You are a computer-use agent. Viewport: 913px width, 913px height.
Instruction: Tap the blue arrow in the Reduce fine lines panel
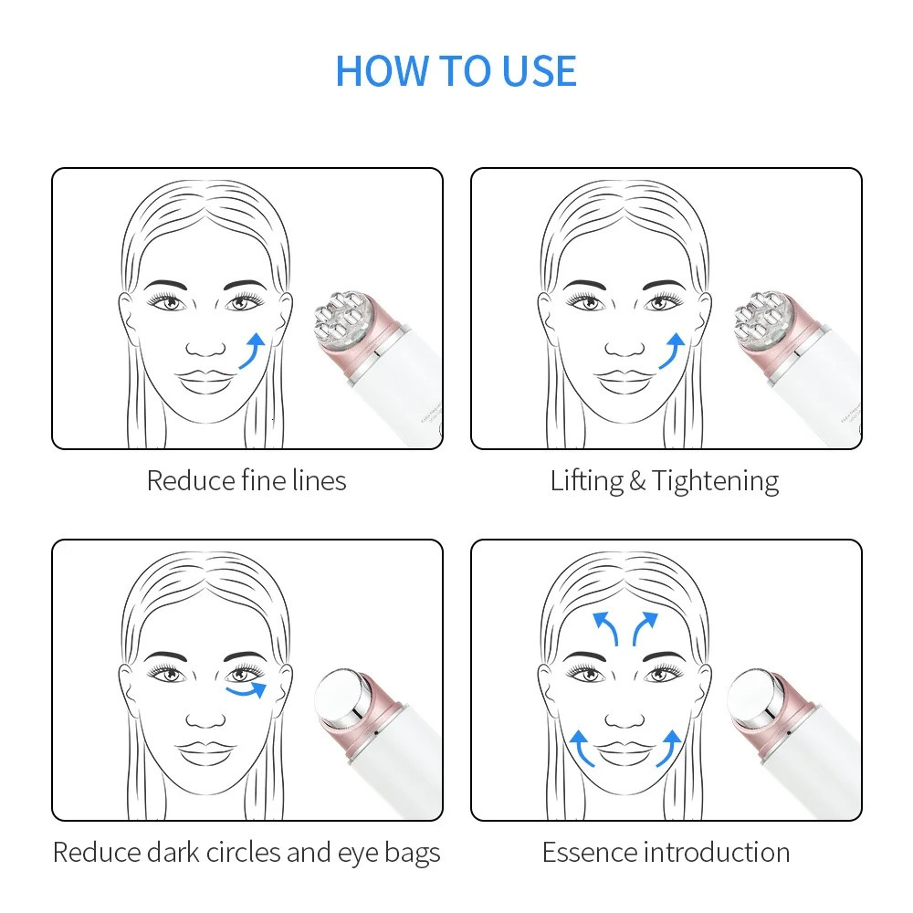tap(253, 351)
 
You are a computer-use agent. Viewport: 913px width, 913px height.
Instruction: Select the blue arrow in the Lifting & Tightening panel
tap(672, 351)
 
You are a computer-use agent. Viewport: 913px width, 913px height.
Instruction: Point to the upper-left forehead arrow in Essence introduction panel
tap(604, 627)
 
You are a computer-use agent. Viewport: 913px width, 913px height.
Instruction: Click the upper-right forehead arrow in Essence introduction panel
tap(645, 627)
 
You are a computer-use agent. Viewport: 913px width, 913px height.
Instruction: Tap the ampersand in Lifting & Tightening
tap(637, 481)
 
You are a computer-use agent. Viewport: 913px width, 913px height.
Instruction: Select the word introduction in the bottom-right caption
tap(716, 853)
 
